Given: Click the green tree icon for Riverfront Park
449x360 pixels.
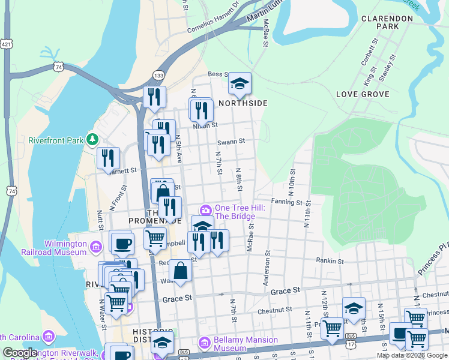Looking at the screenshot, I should point(92,140).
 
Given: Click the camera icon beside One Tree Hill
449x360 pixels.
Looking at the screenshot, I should point(206,209).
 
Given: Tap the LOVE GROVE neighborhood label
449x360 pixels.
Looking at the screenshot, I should point(363,94).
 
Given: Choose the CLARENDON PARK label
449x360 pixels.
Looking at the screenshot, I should point(387,22).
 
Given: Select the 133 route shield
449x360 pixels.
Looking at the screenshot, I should point(158,74).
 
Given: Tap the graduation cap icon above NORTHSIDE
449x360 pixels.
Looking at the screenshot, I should point(240,83).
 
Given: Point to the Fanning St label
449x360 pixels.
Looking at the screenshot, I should point(286,202).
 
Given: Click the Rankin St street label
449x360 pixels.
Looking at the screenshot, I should point(330,261).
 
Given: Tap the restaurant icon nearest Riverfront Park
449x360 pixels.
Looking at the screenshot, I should point(109,158).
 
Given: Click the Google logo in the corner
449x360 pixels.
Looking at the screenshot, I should point(19,353).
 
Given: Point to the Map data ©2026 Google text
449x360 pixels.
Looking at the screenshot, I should point(411,355).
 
